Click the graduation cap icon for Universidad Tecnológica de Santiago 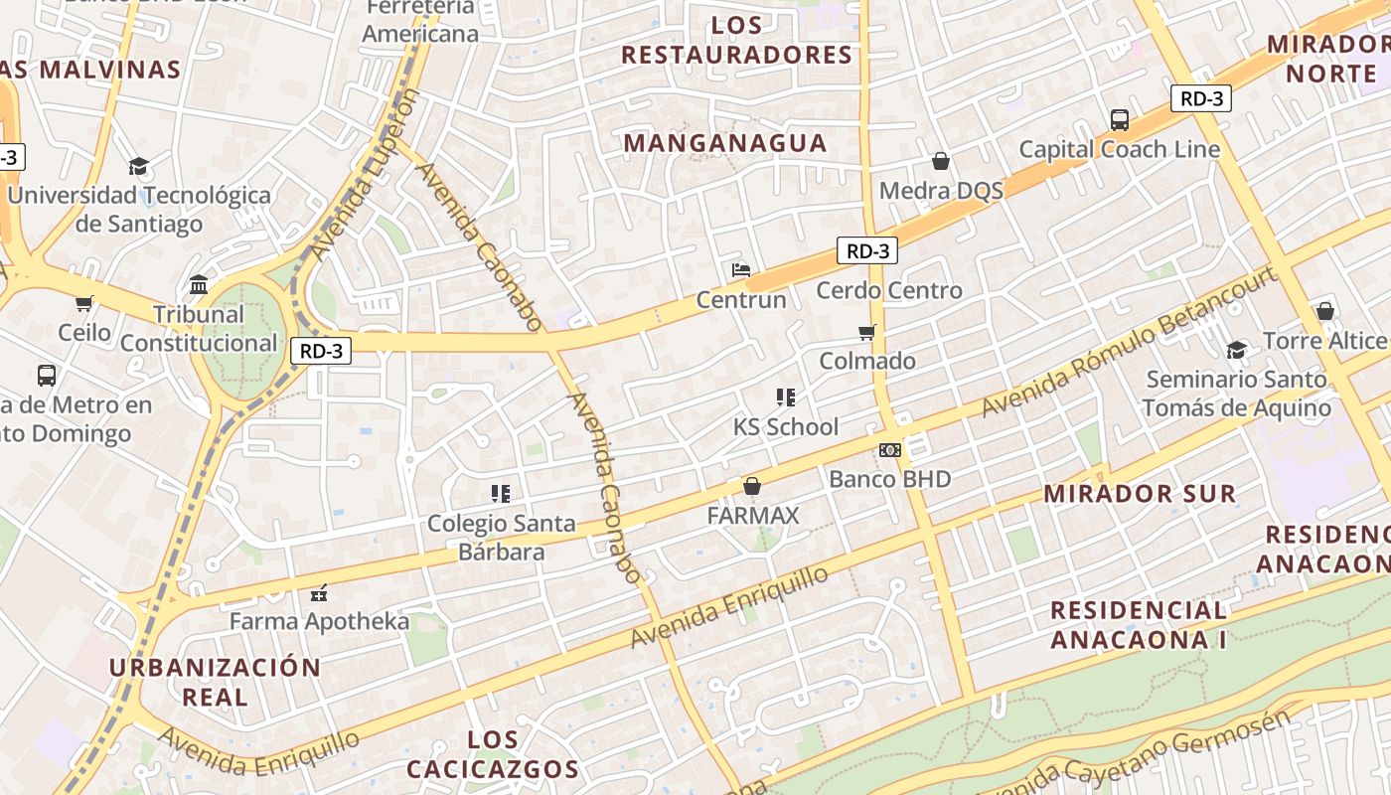[x=138, y=166]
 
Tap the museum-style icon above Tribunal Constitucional [x=199, y=285]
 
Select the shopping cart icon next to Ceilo [x=84, y=303]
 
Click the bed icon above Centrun [x=741, y=269]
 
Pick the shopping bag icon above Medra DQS [x=941, y=161]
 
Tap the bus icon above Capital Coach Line [x=1120, y=120]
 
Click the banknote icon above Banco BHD [x=890, y=450]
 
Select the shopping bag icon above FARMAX [x=752, y=486]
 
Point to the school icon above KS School [x=786, y=397]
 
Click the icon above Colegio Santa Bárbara [x=501, y=493]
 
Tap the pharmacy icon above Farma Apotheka [x=319, y=593]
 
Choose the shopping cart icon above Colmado [x=867, y=332]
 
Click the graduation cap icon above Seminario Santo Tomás [x=1237, y=350]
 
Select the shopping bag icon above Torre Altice [x=1324, y=311]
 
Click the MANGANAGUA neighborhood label [x=725, y=143]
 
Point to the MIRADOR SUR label [x=1140, y=494]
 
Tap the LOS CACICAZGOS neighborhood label [x=493, y=754]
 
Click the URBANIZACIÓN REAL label [x=215, y=682]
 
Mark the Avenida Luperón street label [x=365, y=175]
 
